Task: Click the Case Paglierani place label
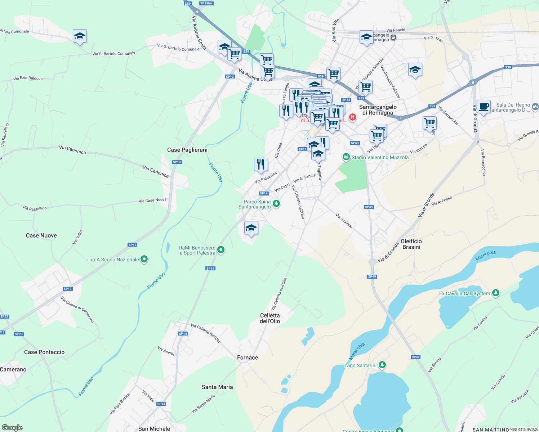pyautogui.click(x=187, y=150)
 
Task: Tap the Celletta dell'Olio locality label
pyautogui.click(x=270, y=318)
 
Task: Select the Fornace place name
pyautogui.click(x=248, y=357)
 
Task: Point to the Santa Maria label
pyautogui.click(x=217, y=387)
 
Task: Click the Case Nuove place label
pyautogui.click(x=41, y=235)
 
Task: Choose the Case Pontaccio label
pyautogui.click(x=44, y=352)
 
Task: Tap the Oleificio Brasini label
pyautogui.click(x=411, y=244)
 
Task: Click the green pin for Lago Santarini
pyautogui.click(x=382, y=365)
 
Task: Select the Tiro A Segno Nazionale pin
pyautogui.click(x=144, y=259)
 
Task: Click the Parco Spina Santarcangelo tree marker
pyautogui.click(x=276, y=204)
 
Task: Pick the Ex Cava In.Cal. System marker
pyautogui.click(x=496, y=293)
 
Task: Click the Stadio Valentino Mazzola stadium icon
pyautogui.click(x=346, y=157)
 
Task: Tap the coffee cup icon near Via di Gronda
pyautogui.click(x=484, y=107)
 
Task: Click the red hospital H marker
pyautogui.click(x=353, y=117)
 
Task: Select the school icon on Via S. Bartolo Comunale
pyautogui.click(x=80, y=36)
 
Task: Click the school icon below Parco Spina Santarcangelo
pyautogui.click(x=251, y=228)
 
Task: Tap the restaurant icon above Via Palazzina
pyautogui.click(x=261, y=164)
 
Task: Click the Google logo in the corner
pyautogui.click(x=12, y=428)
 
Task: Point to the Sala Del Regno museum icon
pyautogui.click(x=535, y=107)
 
